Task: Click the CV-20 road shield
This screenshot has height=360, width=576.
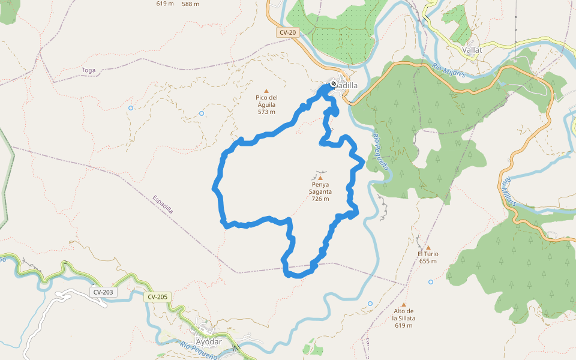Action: tap(288, 33)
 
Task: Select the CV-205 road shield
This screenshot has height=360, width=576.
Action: tap(158, 296)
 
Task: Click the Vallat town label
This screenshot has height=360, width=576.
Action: tap(472, 50)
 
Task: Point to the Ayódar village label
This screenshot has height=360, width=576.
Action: tap(209, 341)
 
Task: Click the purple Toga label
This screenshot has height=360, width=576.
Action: tap(88, 70)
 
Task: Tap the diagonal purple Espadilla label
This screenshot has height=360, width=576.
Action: tap(163, 205)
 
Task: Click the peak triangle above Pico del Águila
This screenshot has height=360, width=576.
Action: tap(266, 91)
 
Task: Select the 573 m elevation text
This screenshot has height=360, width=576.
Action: tap(266, 112)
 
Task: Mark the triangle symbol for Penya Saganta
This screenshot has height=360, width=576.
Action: tap(320, 178)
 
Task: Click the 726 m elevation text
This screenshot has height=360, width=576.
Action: tap(320, 199)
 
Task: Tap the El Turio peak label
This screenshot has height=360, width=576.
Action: tap(428, 254)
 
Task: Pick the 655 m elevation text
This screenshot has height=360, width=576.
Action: tap(428, 261)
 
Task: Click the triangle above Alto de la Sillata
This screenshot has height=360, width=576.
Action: tap(404, 304)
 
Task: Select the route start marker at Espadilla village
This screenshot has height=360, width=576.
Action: tap(333, 84)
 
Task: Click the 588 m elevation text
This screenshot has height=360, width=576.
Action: tap(190, 4)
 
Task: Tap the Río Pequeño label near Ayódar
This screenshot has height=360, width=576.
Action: tap(198, 350)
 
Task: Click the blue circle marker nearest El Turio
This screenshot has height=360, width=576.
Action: tap(431, 281)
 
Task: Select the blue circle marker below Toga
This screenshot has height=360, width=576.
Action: tap(130, 108)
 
